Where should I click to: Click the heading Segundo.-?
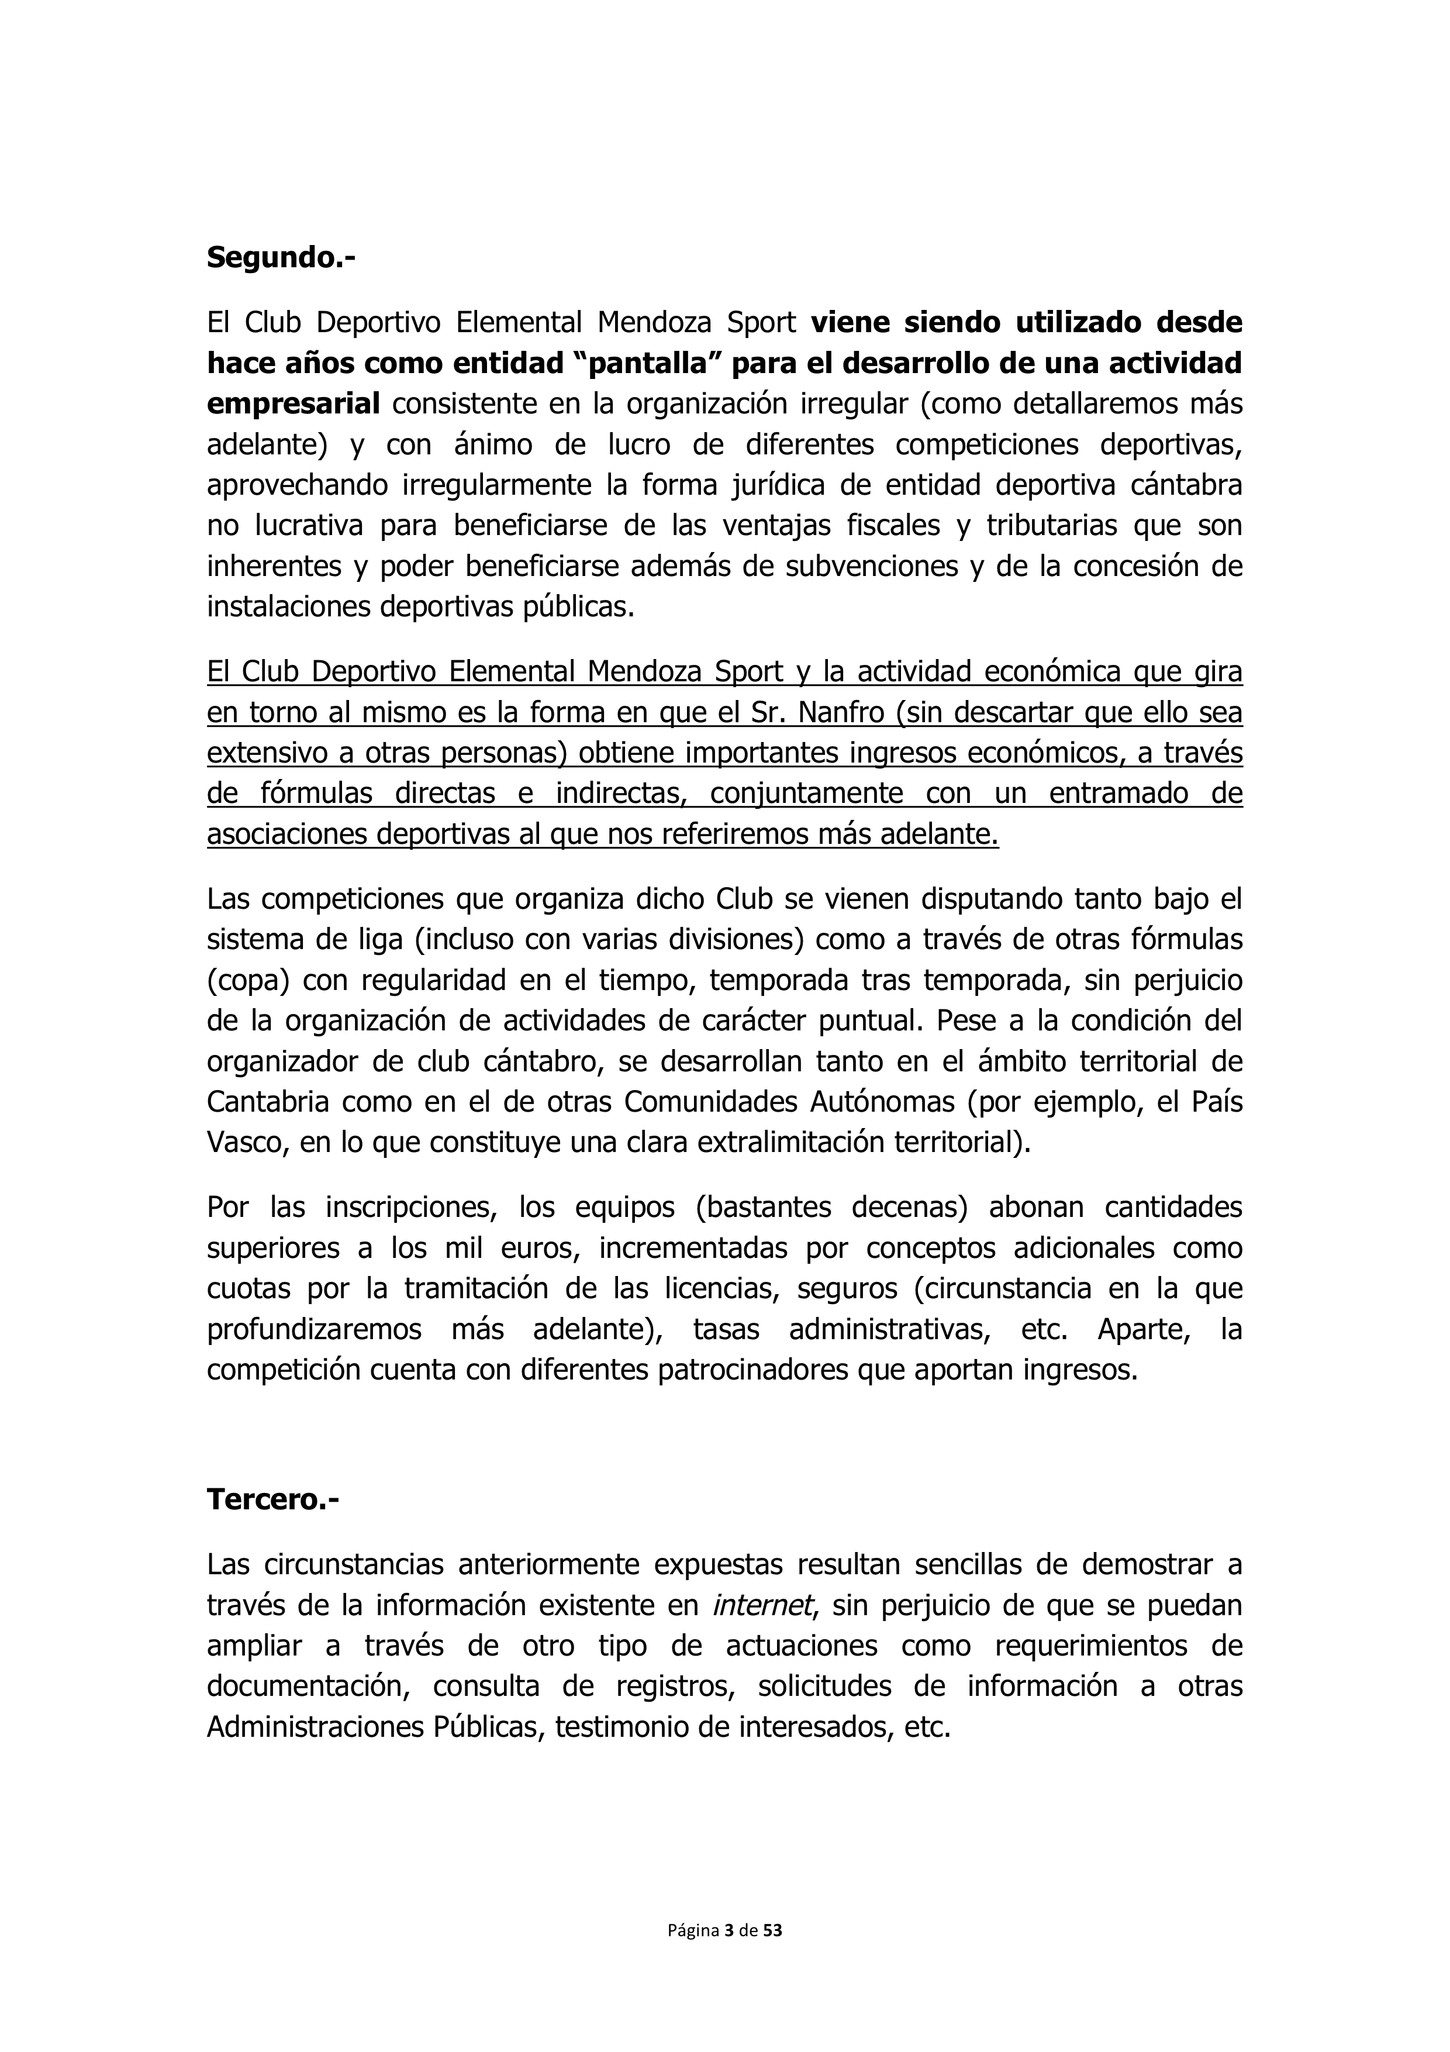[x=281, y=258]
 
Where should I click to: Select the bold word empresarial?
[x=293, y=405]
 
